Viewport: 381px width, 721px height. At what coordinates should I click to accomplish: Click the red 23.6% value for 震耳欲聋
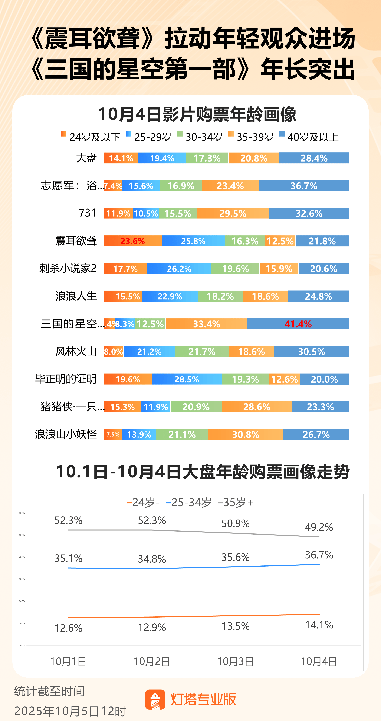pyautogui.click(x=132, y=241)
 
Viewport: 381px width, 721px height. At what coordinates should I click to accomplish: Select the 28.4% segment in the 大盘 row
pyautogui.click(x=314, y=158)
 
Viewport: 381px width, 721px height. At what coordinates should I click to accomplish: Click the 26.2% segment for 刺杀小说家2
pyautogui.click(x=179, y=269)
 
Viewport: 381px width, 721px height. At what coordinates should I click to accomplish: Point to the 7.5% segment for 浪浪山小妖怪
pyautogui.click(x=113, y=434)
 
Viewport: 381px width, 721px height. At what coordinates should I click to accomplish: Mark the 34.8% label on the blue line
pyautogui.click(x=152, y=559)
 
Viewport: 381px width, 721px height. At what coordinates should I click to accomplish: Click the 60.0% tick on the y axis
pyautogui.click(x=22, y=513)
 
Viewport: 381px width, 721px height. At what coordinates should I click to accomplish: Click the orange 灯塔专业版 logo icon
pyautogui.click(x=155, y=699)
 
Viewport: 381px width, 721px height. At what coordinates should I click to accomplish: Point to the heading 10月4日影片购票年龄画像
pyautogui.click(x=197, y=114)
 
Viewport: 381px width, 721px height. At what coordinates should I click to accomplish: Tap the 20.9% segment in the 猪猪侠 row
pyautogui.click(x=196, y=407)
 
